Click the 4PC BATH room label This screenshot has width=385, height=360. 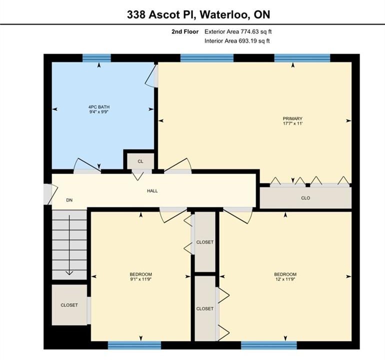pyautogui.click(x=98, y=107)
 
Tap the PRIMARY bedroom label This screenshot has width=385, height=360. pyautogui.click(x=292, y=118)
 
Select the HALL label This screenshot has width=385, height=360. pyautogui.click(x=152, y=191)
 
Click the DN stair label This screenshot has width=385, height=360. pyautogui.click(x=69, y=200)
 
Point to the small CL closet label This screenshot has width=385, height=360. pyautogui.click(x=140, y=161)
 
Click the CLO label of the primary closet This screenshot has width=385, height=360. pyautogui.click(x=305, y=198)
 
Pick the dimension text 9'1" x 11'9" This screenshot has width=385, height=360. pyautogui.click(x=140, y=279)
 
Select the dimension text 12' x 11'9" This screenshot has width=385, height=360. pyautogui.click(x=285, y=279)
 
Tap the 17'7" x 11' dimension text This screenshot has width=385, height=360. pyautogui.click(x=292, y=123)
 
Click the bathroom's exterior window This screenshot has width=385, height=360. pyautogui.click(x=96, y=58)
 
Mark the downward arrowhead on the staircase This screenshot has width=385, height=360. pyautogui.click(x=69, y=272)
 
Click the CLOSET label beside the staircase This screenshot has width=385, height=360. pyautogui.click(x=69, y=305)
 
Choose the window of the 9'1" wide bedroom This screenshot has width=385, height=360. pyautogui.click(x=134, y=345)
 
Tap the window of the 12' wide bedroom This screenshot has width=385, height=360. pyautogui.click(x=269, y=345)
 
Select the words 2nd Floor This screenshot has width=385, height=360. pyautogui.click(x=185, y=31)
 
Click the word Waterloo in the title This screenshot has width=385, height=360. pyautogui.click(x=224, y=14)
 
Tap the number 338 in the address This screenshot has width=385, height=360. pyautogui.click(x=136, y=14)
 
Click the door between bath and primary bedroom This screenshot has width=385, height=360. pyautogui.click(x=152, y=75)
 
